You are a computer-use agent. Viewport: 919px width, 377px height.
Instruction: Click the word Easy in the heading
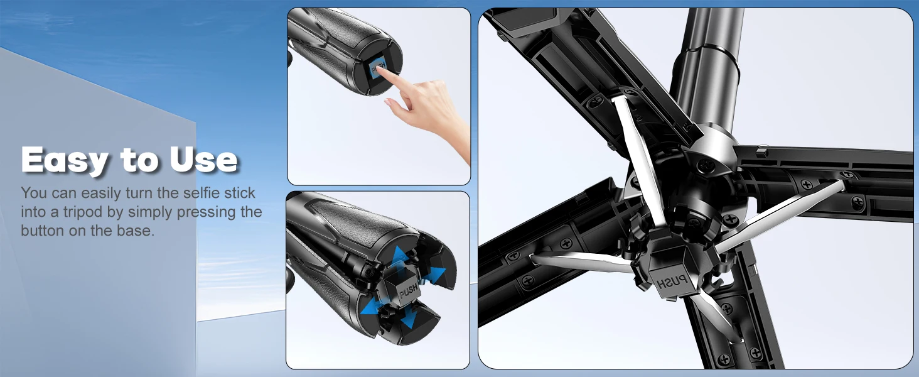pyautogui.click(x=65, y=160)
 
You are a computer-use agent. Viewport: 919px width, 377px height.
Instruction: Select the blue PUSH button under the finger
pyautogui.click(x=377, y=68)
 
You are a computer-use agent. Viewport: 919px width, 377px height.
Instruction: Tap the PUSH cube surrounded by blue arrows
pyautogui.click(x=404, y=288)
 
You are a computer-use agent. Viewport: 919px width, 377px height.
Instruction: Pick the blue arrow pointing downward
pyautogui.click(x=409, y=320)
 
